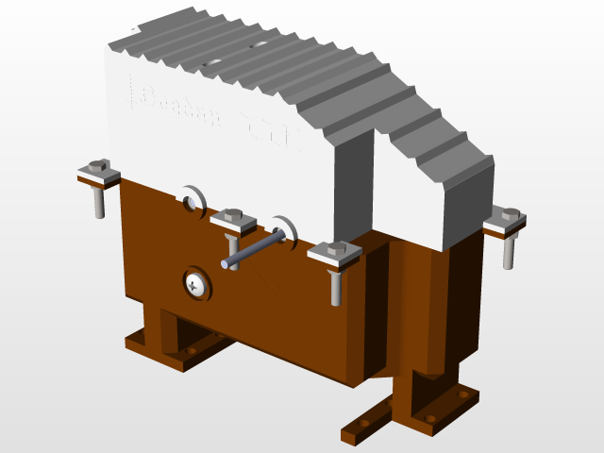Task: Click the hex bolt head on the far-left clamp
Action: pos(97,165)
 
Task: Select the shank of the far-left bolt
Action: pos(99,203)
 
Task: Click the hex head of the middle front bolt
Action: pos(233,216)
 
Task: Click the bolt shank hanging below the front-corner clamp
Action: pos(336,287)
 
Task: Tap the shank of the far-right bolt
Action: pos(509,251)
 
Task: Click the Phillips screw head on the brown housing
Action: pos(196,282)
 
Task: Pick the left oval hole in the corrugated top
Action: pos(211,62)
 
